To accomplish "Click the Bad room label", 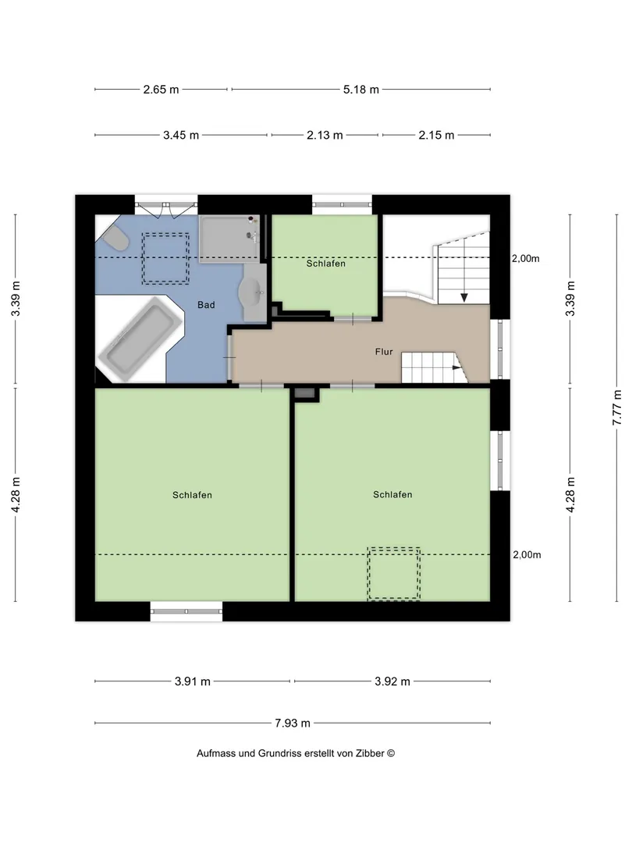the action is click(x=206, y=305).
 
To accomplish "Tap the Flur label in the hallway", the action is click(x=384, y=352).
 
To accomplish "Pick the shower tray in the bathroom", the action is click(x=229, y=239).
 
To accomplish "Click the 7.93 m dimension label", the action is click(x=293, y=723).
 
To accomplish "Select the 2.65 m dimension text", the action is click(x=161, y=90).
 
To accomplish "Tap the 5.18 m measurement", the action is click(x=361, y=90).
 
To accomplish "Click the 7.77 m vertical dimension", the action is click(x=617, y=408).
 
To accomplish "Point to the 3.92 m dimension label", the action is click(x=392, y=681).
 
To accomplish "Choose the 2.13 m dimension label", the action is click(x=325, y=136).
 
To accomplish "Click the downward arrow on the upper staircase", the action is click(x=463, y=297).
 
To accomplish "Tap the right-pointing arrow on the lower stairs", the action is click(x=456, y=368).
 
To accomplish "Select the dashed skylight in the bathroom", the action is click(x=165, y=258).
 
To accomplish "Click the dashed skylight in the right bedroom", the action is click(x=394, y=574).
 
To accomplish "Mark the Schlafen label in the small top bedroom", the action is click(x=325, y=264).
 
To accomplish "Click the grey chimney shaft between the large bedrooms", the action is click(x=305, y=394).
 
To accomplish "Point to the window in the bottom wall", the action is click(x=186, y=611).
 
